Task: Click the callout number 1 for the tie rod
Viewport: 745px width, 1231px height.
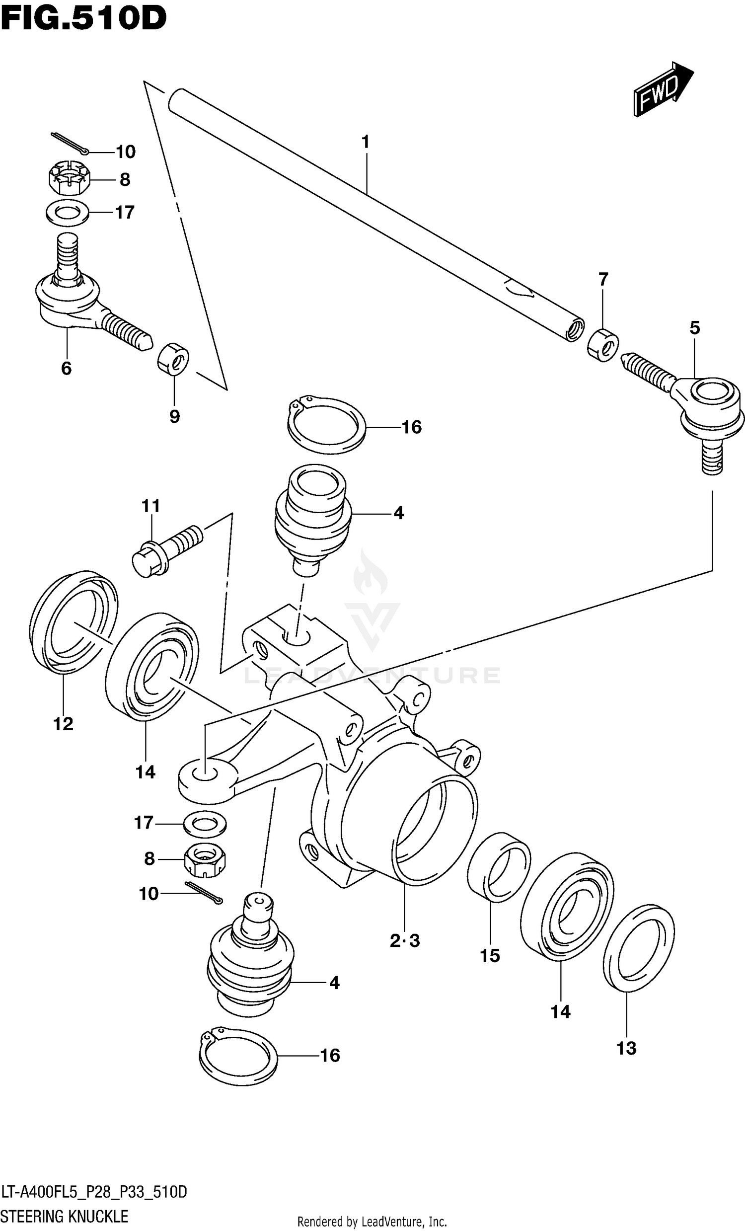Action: coord(366,143)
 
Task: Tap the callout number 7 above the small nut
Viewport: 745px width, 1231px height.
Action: coord(603,279)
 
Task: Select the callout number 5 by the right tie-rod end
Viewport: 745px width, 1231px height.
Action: coord(694,328)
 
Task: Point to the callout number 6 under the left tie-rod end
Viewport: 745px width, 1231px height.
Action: coord(66,369)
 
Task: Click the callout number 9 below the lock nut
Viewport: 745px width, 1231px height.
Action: coord(174,416)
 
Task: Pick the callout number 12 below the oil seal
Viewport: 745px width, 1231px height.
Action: coord(64,724)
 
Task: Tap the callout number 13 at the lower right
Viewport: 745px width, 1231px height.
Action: coord(626,1048)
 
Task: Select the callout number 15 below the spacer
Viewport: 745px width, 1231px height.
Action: coord(490,956)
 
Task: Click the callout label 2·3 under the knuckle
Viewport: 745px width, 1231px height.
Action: coord(405,941)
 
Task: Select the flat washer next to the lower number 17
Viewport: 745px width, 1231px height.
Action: coord(205,823)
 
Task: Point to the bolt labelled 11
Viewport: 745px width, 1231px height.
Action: coord(167,548)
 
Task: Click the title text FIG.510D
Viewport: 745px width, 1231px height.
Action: coord(84,18)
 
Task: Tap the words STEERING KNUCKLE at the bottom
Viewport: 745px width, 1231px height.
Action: coord(65,1216)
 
